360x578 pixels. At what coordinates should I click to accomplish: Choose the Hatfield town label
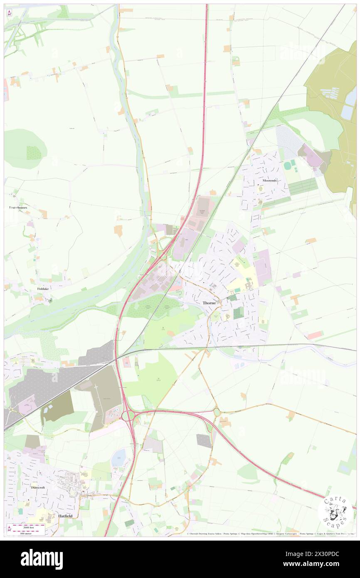pyautogui.click(x=65, y=516)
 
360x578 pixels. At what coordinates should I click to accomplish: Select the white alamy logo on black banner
pyautogui.click(x=42, y=559)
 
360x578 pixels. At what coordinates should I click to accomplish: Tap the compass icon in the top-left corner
pyautogui.click(x=9, y=12)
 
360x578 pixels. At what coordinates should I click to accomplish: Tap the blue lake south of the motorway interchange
pyautogui.click(x=118, y=457)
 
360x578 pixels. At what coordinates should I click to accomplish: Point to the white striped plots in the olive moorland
pyautogui.click(x=331, y=93)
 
